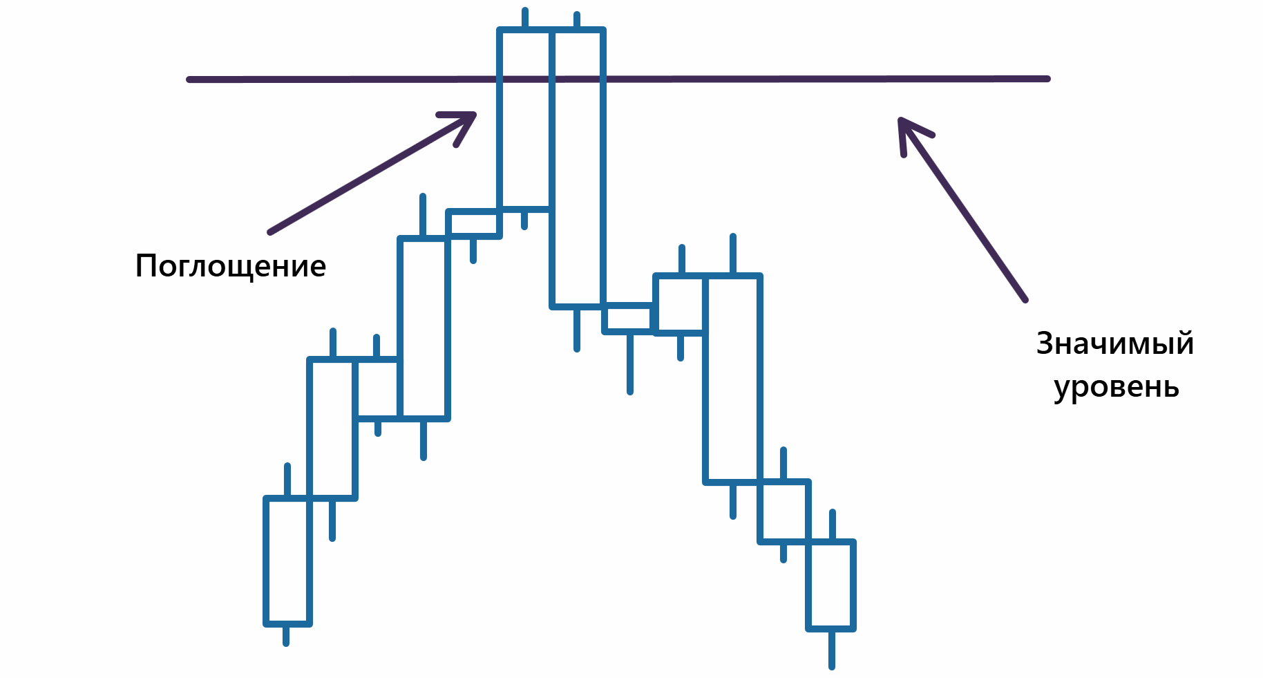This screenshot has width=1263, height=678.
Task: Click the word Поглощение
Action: point(230,266)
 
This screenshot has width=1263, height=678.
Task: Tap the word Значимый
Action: point(1115,343)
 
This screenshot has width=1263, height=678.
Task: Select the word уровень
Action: point(1117,388)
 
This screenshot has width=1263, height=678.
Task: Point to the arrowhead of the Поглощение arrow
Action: point(474,114)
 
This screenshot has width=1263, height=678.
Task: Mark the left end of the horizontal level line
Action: point(189,79)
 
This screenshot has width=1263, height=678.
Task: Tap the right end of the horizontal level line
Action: point(1047,79)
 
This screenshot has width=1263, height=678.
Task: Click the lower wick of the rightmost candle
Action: point(832,650)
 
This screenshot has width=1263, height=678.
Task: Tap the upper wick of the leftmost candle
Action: point(287,480)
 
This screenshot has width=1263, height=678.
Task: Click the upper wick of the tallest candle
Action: point(577,20)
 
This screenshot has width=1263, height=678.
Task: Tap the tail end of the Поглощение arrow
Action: point(270,232)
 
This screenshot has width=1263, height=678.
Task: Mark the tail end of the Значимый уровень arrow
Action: point(1025,300)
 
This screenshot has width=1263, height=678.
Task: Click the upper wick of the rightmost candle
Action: point(833,525)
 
